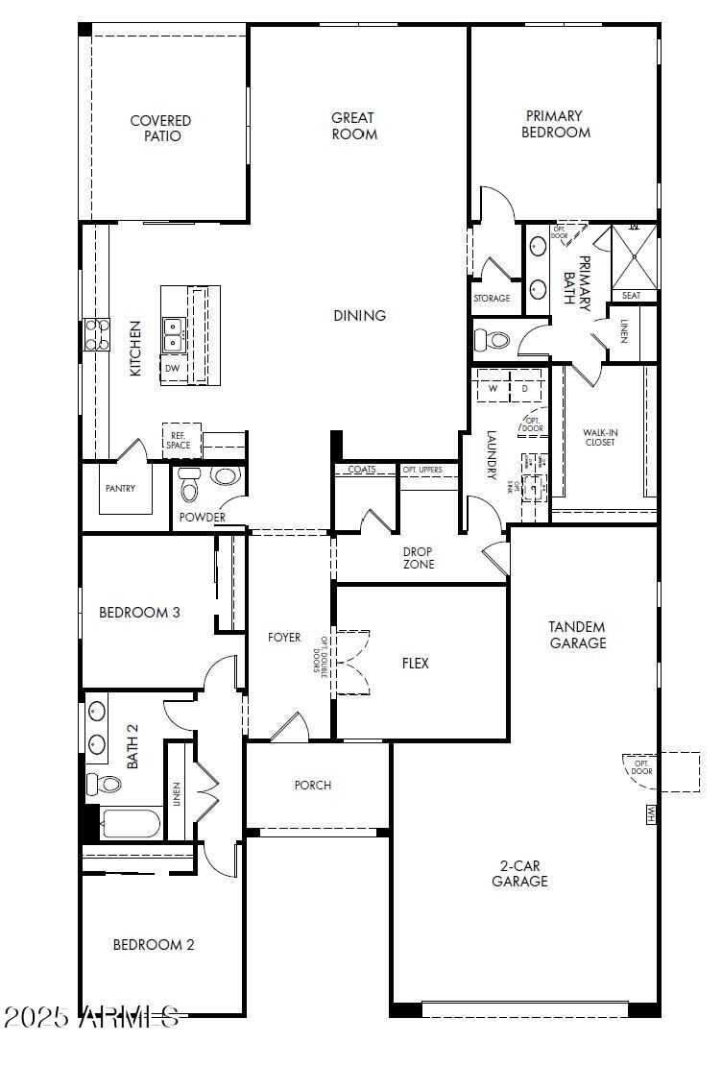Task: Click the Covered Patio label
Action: point(160,129)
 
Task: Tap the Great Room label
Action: point(353,126)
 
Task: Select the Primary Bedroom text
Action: point(555,124)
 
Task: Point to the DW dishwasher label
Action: point(172,369)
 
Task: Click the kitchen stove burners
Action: point(96,334)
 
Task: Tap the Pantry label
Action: point(120,489)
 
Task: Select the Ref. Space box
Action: point(179,440)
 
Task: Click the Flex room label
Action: point(415,664)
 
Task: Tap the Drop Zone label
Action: point(418,558)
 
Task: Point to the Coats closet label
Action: point(362,470)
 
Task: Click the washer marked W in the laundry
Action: point(493,389)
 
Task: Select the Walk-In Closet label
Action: point(600,438)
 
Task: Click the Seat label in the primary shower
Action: point(631,296)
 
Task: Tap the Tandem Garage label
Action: point(577,635)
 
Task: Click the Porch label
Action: point(312,786)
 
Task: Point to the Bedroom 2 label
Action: point(154,945)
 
